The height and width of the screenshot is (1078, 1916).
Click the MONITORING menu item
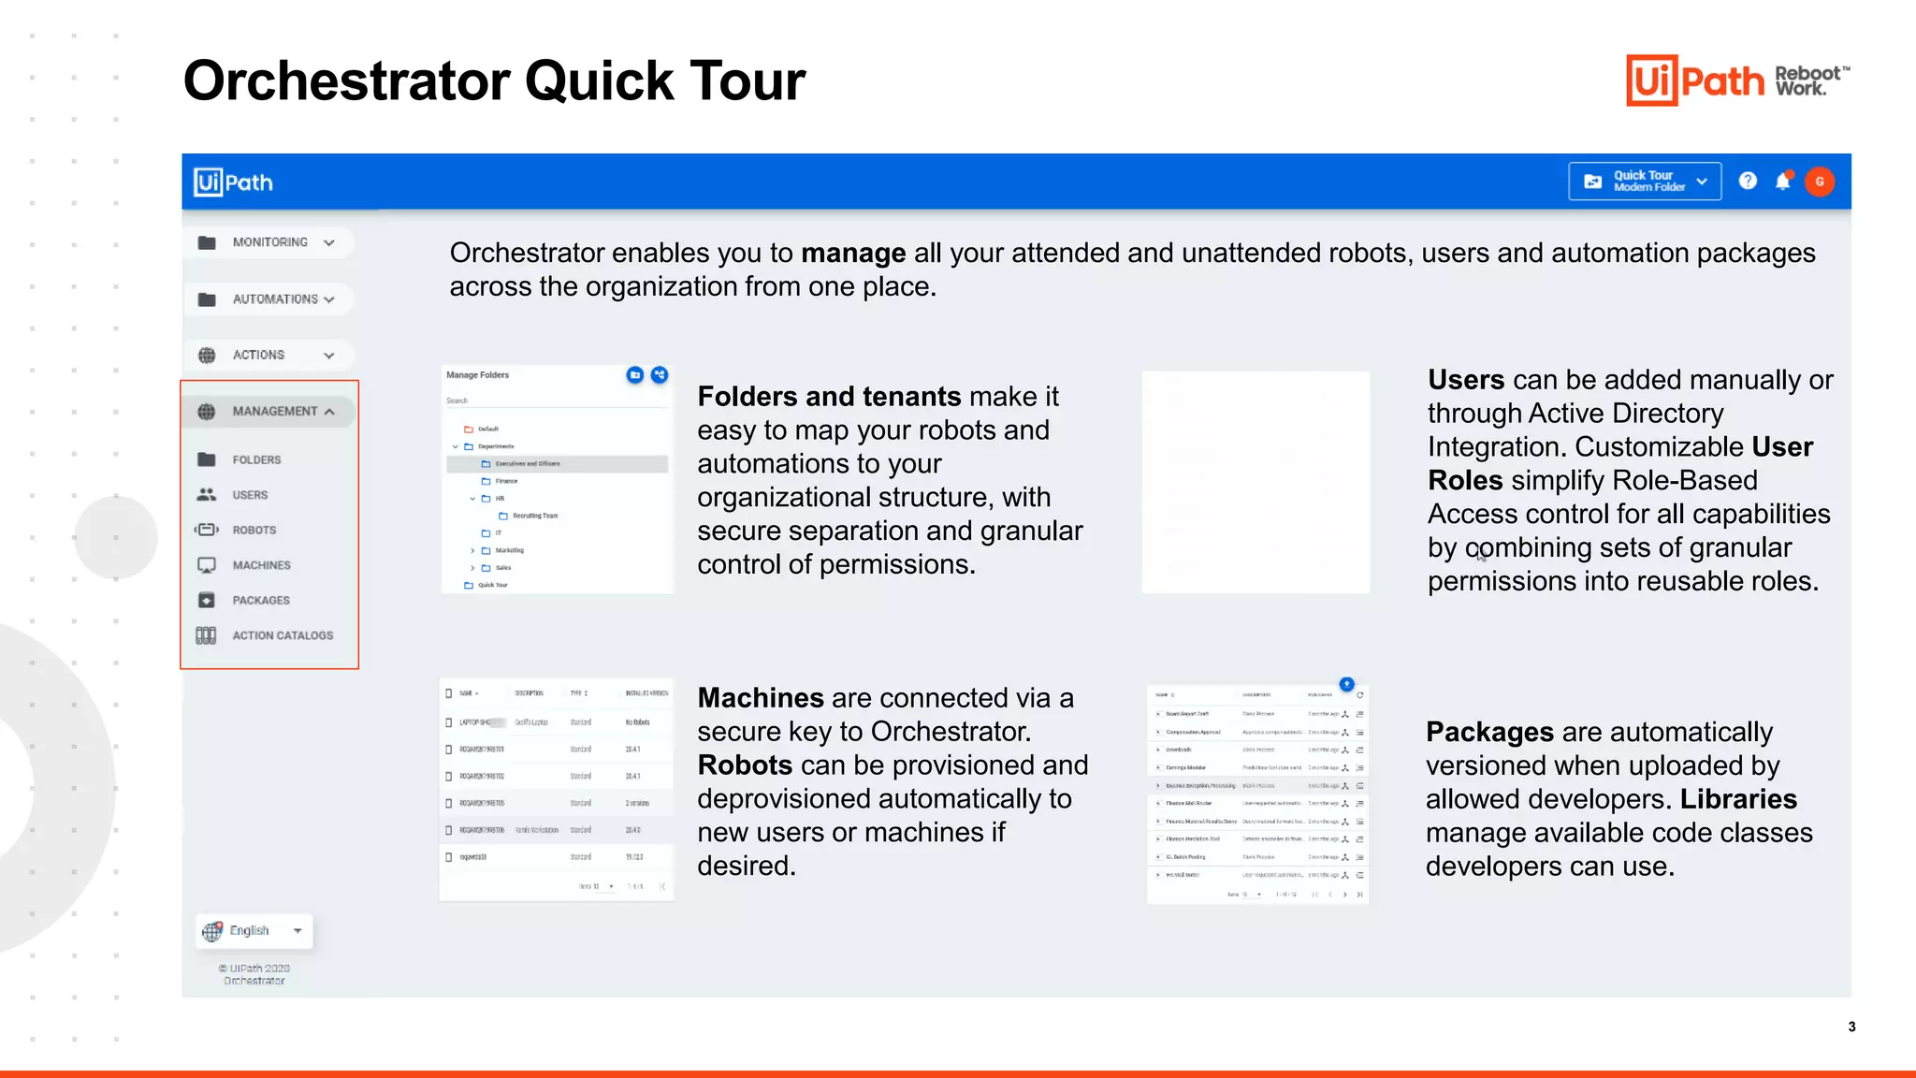[269, 242]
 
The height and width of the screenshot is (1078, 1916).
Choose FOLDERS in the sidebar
[255, 460]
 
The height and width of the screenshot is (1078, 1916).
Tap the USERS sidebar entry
[250, 495]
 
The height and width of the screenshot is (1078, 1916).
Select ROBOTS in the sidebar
[254, 531]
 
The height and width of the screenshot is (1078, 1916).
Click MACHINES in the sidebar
[261, 565]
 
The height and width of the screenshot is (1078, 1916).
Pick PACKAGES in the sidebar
[261, 601]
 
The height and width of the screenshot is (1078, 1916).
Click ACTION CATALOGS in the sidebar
[282, 635]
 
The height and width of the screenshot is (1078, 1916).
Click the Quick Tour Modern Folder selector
[1645, 182]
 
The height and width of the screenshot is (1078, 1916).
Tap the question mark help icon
[1748, 182]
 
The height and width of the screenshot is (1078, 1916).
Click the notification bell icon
[1783, 182]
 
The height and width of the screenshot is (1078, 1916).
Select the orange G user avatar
[1820, 182]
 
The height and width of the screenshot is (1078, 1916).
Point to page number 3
[1851, 1027]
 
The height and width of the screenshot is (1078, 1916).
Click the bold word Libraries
[1738, 799]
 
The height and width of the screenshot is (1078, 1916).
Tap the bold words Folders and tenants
[829, 397]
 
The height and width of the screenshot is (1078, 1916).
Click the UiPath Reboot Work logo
[1737, 80]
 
